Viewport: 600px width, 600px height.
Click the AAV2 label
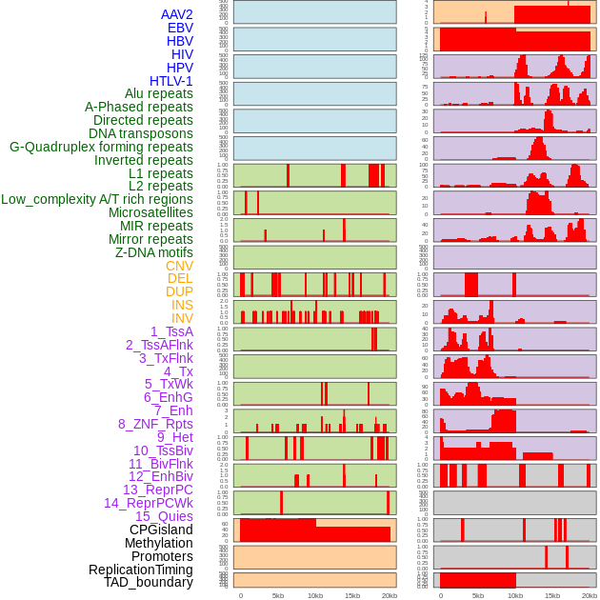pos(176,14)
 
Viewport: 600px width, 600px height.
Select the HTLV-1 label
pos(170,81)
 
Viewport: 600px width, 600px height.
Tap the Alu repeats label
pos(159,93)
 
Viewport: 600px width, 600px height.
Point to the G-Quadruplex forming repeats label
pos(101,147)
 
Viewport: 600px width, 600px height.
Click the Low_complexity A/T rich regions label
pos(97,199)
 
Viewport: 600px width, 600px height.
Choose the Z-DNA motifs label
pos(154,252)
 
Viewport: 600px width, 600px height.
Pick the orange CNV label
pos(179,266)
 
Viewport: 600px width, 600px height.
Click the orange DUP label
pos(179,291)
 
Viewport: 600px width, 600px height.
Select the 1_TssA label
pos(171,331)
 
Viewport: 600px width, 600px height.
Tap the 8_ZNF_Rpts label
pos(155,424)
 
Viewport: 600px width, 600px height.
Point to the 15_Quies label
pos(164,516)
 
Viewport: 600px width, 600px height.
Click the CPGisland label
pos(161,530)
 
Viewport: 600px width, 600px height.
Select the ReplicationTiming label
pos(140,570)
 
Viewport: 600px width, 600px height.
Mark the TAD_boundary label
pos(149,582)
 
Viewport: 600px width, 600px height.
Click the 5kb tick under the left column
pos(278,595)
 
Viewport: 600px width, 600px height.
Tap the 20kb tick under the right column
pos(590,595)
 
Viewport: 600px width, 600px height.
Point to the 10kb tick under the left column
pos(315,595)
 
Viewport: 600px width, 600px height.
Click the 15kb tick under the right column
pos(552,595)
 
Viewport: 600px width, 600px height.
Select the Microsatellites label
pos(150,212)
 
